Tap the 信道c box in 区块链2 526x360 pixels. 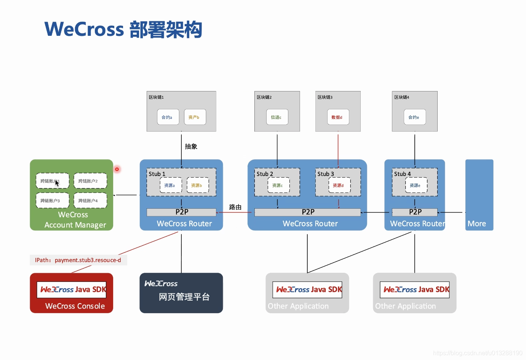pos(277,117)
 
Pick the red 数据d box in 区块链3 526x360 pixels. pos(338,117)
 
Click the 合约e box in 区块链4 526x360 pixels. pos(414,117)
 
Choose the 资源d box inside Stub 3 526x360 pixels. pos(339,186)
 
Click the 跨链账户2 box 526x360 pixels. pos(90,181)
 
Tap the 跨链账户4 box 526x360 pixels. pos(90,201)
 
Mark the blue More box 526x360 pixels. pos(479,195)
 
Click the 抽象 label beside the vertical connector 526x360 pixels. pos(191,147)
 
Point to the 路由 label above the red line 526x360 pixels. pos(235,207)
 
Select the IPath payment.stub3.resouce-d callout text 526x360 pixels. pos(78,260)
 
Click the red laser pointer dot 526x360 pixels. pos(117,169)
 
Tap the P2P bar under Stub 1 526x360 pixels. pos(181,212)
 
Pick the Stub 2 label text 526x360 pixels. pos(265,174)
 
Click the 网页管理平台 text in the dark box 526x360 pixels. pos(184,297)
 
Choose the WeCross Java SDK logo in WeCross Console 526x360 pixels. pos(72,290)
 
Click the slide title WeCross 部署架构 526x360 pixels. pos(123,29)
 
